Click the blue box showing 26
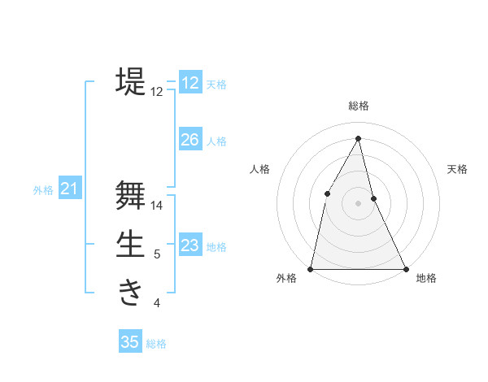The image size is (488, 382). click(190, 140)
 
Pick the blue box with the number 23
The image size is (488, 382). click(190, 245)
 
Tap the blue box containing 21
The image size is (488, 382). click(69, 189)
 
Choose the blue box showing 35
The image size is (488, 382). click(130, 342)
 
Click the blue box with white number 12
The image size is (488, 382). click(190, 83)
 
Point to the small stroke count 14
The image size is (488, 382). click(157, 206)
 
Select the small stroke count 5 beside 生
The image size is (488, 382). click(157, 255)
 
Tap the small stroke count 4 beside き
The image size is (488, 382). click(157, 304)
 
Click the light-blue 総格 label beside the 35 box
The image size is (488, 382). click(156, 344)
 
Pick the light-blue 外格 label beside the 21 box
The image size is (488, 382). click(43, 190)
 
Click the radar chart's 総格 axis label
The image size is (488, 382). click(358, 106)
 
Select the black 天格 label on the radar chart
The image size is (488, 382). click(457, 169)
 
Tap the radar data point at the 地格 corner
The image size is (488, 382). click(405, 268)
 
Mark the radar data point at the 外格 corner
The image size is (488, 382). click(311, 268)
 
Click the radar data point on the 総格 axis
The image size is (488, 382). click(358, 138)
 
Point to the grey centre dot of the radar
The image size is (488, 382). click(358, 202)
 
